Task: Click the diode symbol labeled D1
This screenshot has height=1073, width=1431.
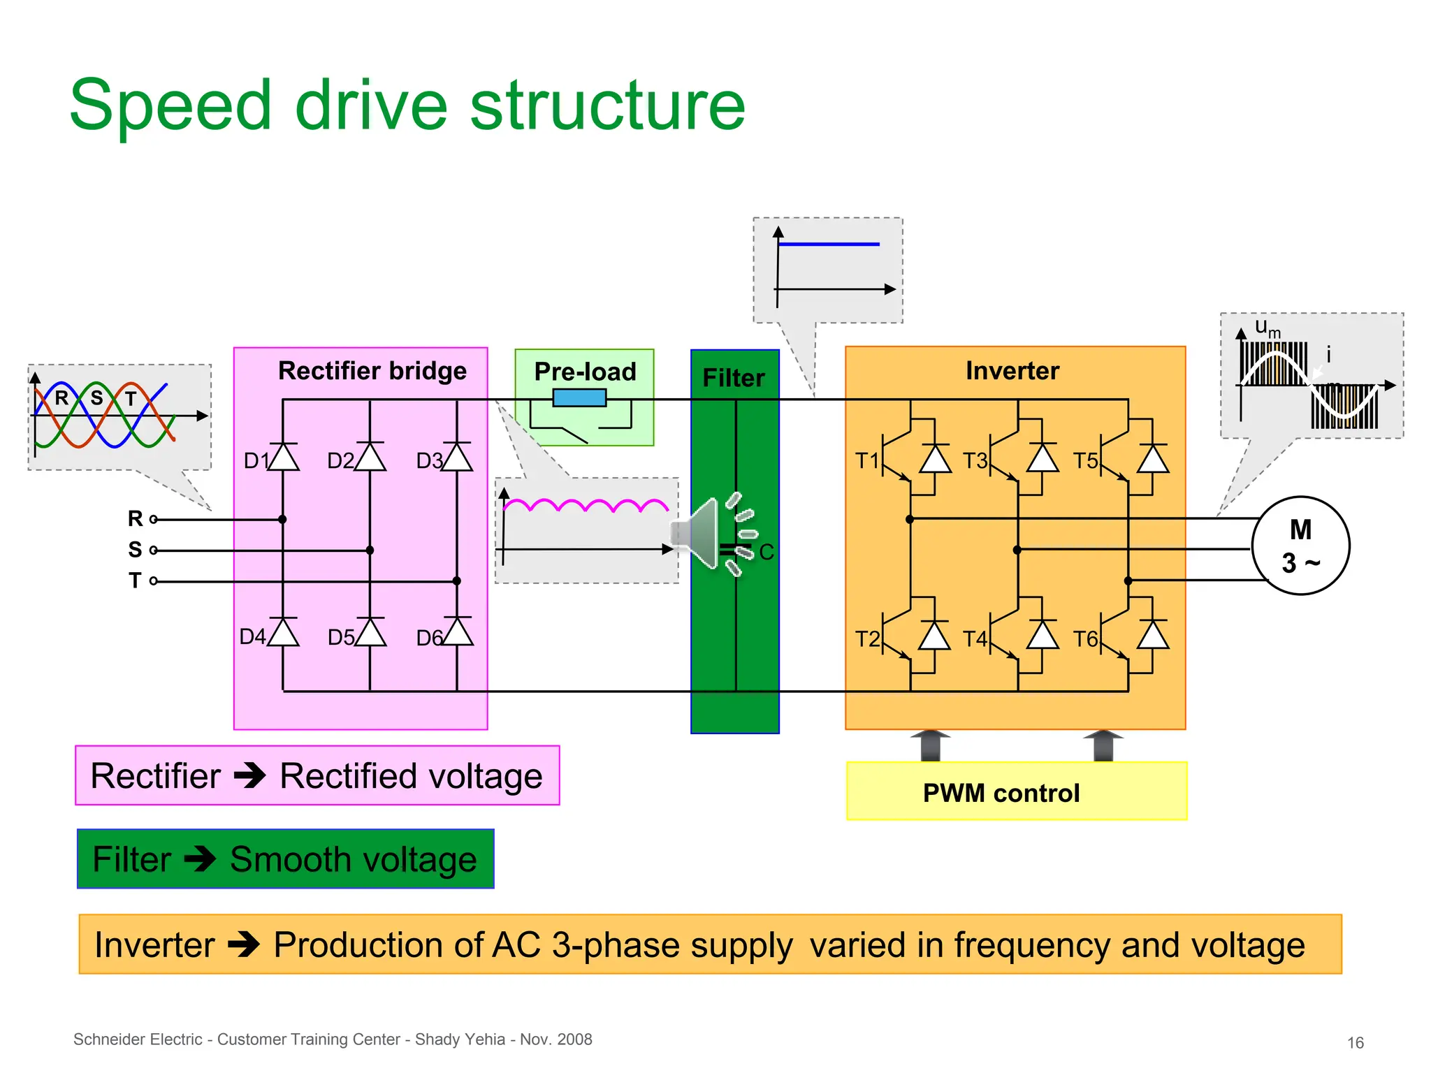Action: click(x=283, y=458)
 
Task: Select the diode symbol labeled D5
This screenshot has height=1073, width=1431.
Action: click(x=370, y=633)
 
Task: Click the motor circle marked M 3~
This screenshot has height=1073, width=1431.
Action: click(x=1300, y=546)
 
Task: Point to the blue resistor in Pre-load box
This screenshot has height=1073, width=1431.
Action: click(x=579, y=398)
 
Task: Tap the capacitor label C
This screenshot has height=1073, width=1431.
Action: click(x=767, y=553)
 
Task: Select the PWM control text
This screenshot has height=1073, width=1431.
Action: click(x=1001, y=794)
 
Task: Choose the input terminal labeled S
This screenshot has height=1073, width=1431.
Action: click(x=153, y=550)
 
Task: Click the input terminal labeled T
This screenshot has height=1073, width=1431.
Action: click(x=153, y=581)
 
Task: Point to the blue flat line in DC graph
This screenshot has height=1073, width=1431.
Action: click(x=829, y=244)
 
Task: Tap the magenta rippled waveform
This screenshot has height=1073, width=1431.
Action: click(x=586, y=505)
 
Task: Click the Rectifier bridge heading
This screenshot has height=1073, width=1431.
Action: click(x=372, y=371)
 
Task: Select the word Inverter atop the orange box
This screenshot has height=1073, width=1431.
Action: click(x=1012, y=371)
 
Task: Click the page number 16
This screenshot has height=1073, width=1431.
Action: click(x=1355, y=1043)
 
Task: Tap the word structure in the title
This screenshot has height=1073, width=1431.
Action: click(x=607, y=106)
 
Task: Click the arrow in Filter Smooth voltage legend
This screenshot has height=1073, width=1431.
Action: click(x=201, y=859)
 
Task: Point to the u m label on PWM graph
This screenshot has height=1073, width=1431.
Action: click(x=1267, y=328)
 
